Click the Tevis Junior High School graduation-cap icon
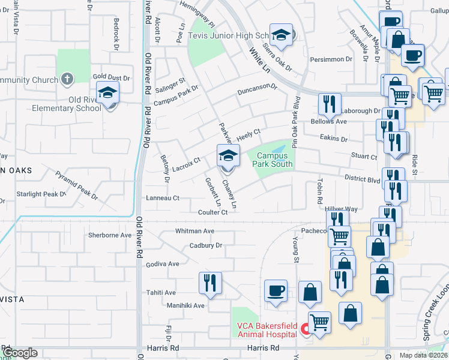tap(280, 35)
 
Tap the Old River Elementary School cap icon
tap(108, 93)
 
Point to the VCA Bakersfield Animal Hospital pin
tap(305, 328)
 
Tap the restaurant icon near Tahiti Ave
tap(210, 282)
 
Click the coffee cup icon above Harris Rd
tap(276, 290)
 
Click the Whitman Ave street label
tap(194, 231)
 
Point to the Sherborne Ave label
tap(109, 235)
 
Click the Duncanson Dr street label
tap(256, 89)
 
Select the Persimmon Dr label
tap(331, 59)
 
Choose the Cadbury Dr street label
tap(206, 245)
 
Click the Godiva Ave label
tap(162, 263)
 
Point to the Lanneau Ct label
tap(163, 198)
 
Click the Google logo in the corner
tap(20, 353)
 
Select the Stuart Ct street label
tap(364, 157)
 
